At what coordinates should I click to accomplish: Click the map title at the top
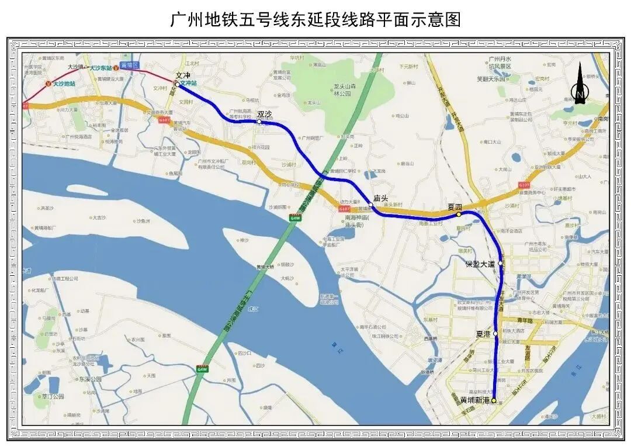pyautogui.click(x=315, y=19)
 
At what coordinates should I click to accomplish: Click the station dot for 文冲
pyautogui.click(x=178, y=84)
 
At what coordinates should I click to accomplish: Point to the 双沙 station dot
pyautogui.click(x=259, y=122)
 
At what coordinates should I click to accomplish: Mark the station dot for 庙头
pyautogui.click(x=371, y=205)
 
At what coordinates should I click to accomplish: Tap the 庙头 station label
pyautogui.click(x=381, y=198)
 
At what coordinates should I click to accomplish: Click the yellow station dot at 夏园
pyautogui.click(x=459, y=215)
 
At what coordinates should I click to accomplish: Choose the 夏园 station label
pyautogui.click(x=455, y=207)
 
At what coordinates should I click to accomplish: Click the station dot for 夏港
pyautogui.click(x=495, y=334)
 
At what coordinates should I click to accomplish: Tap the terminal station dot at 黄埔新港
pyautogui.click(x=494, y=400)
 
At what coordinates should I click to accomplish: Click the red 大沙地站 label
pyautogui.click(x=64, y=84)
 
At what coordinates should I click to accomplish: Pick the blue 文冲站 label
pyautogui.click(x=188, y=84)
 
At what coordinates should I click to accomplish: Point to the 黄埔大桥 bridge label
pyautogui.click(x=265, y=267)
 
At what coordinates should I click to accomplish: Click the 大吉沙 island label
pyautogui.click(x=99, y=218)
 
